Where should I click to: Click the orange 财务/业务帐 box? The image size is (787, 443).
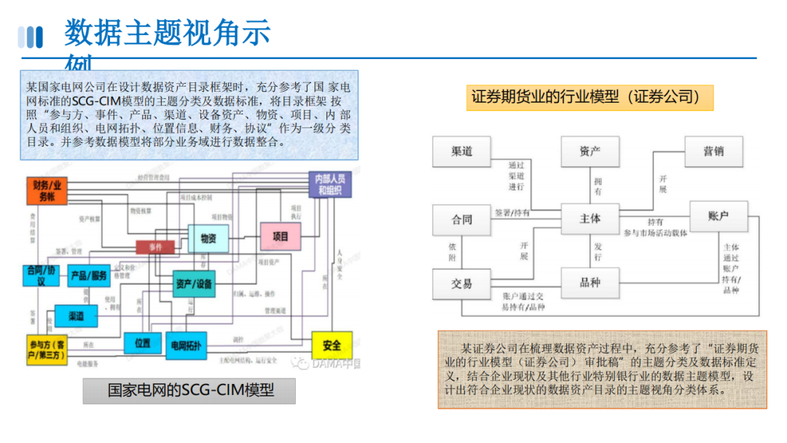[47, 191]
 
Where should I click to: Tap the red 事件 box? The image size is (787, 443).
[155, 247]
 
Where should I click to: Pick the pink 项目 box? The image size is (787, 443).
[281, 237]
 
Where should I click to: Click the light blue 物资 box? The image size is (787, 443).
[208, 238]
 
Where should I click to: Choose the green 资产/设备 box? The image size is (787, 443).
[195, 283]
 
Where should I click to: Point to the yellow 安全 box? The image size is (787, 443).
[332, 345]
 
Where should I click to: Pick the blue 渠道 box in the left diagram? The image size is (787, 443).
[77, 315]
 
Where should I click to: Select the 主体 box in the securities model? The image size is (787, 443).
[590, 219]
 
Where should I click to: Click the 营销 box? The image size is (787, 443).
[713, 152]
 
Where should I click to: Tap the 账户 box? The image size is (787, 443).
[719, 216]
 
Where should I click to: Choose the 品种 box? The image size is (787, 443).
[590, 283]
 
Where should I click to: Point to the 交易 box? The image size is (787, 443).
[461, 283]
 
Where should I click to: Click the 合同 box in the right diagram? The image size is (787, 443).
[461, 219]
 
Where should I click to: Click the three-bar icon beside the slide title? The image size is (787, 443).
[30, 36]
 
